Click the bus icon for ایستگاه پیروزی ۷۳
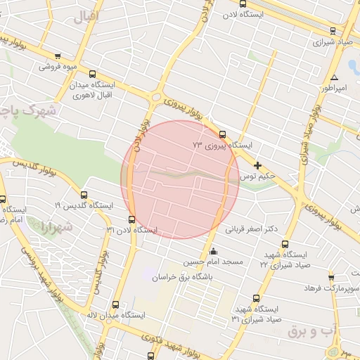(x=223, y=134)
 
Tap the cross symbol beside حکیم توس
(x=258, y=166)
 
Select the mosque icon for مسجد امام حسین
(x=214, y=252)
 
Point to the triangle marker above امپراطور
(x=335, y=78)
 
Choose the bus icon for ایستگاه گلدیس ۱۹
(x=84, y=195)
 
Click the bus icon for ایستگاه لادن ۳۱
(x=133, y=220)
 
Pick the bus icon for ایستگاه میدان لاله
(x=116, y=305)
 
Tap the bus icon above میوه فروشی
(x=58, y=57)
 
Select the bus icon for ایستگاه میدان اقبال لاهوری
(x=93, y=74)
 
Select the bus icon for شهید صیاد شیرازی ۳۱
(x=255, y=299)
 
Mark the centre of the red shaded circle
(x=181, y=179)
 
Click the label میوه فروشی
(x=58, y=67)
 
